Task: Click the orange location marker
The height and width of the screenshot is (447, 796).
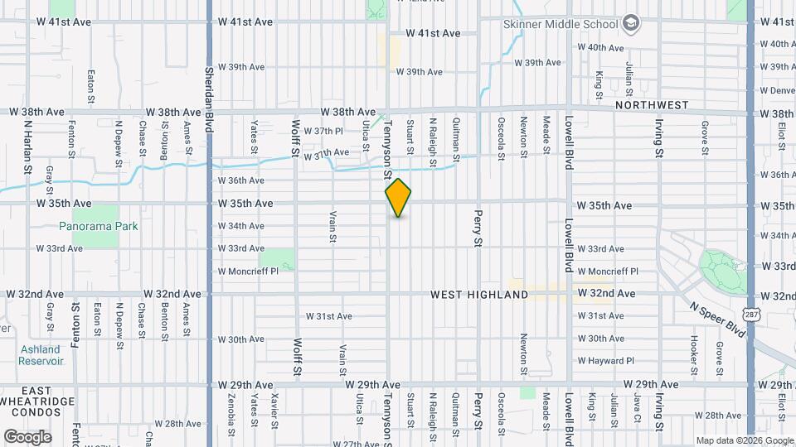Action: coord(399,198)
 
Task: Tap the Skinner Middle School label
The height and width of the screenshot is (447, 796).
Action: coord(561,24)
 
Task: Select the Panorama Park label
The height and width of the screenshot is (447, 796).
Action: coord(99,226)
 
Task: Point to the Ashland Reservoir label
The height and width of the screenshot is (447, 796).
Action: coord(41,355)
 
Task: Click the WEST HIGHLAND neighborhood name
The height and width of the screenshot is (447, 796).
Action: coord(479,295)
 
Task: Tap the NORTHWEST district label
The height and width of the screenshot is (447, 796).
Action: coord(653,105)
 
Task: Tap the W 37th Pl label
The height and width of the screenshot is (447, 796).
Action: coord(323,131)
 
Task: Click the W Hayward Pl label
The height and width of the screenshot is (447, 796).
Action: coord(605,361)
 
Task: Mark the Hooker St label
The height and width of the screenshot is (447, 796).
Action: coord(693,349)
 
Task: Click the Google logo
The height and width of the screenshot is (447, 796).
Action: coord(27,437)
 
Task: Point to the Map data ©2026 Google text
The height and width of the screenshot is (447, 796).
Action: coord(744,440)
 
